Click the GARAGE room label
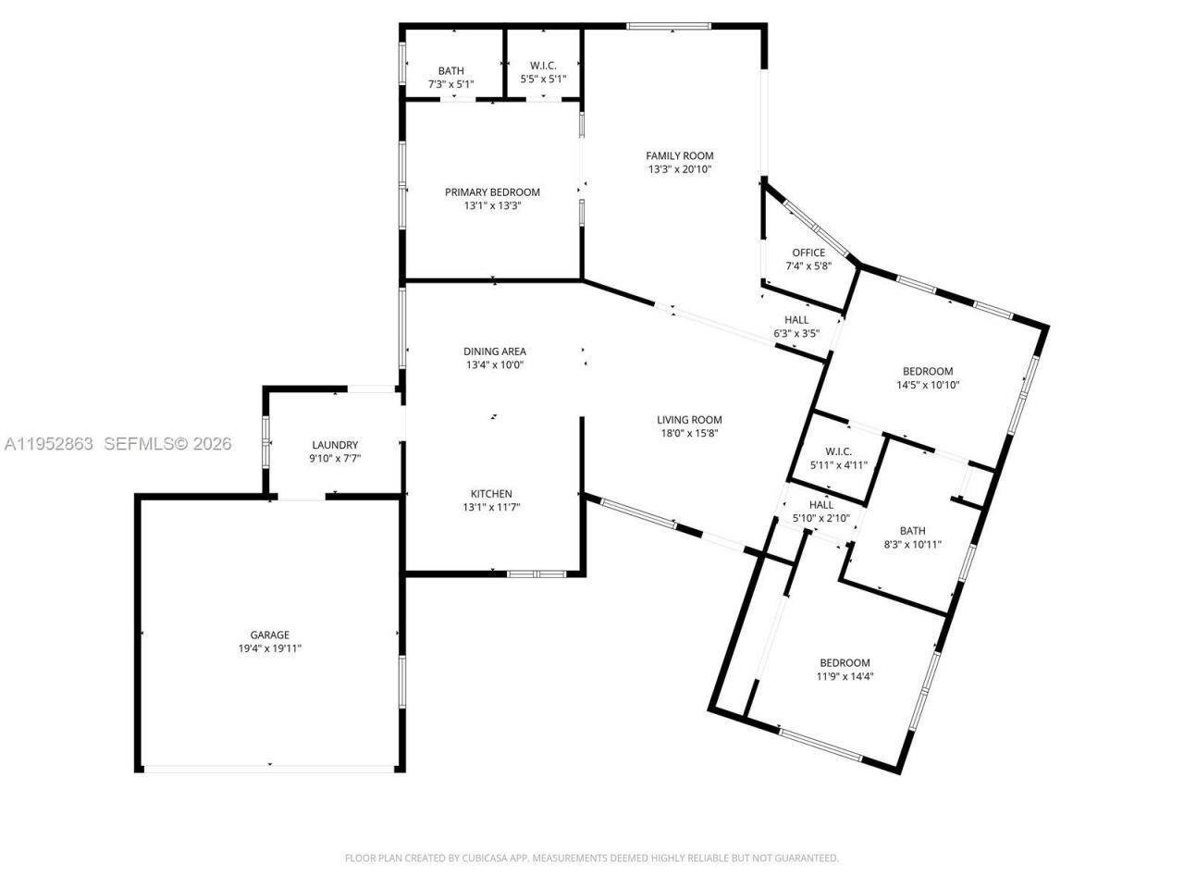tap(269, 635)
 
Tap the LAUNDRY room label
tap(335, 445)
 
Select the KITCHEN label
tap(491, 494)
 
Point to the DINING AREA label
tap(495, 351)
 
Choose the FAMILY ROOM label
tap(680, 155)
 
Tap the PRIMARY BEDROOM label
tap(492, 192)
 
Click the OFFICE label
tap(808, 253)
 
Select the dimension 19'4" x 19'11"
tap(269, 648)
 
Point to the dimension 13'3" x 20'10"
tap(680, 169)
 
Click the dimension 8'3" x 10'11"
tap(912, 545)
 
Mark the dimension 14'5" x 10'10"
tap(928, 385)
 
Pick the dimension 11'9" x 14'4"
tap(845, 676)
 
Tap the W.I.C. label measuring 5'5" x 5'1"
tap(543, 66)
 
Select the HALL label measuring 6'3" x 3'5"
tap(796, 320)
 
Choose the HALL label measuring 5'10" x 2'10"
tap(821, 505)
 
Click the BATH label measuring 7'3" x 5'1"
tap(451, 70)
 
